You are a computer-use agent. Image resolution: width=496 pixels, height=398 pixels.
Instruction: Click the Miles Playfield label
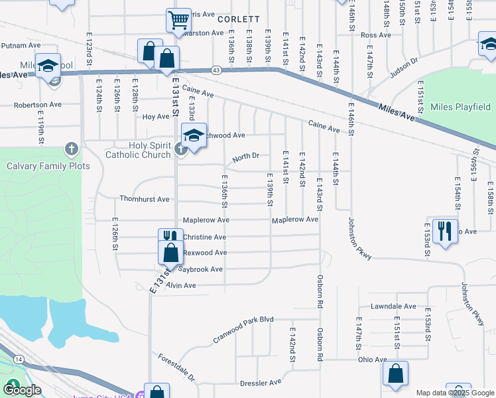460,107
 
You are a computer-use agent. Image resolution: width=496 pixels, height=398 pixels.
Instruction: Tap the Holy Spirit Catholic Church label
138,150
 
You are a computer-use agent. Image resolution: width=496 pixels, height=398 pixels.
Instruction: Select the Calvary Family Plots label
48,166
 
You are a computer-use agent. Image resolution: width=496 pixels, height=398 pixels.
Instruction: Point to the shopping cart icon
178,20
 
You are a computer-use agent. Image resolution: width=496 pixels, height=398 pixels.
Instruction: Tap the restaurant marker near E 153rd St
444,230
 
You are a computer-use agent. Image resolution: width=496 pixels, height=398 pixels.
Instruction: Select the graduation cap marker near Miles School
48,66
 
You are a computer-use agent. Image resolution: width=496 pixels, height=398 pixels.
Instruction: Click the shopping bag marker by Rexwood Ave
171,253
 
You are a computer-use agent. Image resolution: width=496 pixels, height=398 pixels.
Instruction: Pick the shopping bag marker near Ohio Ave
395,373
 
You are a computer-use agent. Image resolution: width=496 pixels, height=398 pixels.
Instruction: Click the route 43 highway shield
216,70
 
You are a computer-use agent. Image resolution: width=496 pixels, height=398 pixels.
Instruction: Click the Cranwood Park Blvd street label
243,328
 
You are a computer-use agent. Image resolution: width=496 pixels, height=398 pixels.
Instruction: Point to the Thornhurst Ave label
145,199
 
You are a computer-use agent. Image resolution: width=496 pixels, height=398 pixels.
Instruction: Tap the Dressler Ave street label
261,383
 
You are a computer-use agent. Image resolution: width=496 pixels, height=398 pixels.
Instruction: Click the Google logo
22,389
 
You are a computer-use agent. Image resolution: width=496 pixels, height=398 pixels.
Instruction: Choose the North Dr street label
245,157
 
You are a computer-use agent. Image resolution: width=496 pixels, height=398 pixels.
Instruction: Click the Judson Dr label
404,69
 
